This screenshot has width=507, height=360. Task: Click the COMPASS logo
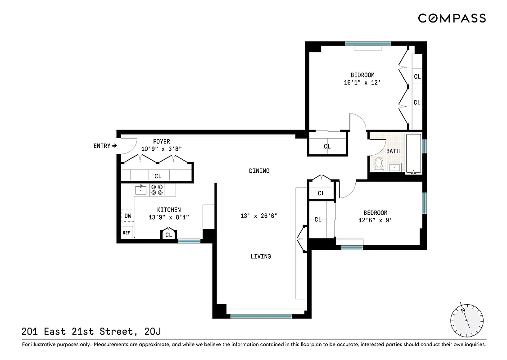[452, 18]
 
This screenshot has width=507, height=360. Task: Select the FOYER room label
[161, 141]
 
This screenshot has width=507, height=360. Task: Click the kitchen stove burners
[157, 190]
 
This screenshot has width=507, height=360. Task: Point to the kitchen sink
[141, 190]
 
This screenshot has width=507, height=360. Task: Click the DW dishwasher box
[128, 216]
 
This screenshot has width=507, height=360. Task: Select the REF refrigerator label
[127, 233]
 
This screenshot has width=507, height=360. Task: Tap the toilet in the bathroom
[379, 164]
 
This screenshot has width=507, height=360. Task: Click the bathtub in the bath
[413, 153]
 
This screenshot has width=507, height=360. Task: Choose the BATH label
[393, 151]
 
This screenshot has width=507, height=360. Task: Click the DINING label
[259, 171]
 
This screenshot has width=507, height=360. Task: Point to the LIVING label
[261, 256]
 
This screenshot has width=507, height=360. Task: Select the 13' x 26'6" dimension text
[259, 216]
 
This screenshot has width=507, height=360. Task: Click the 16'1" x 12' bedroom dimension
[362, 82]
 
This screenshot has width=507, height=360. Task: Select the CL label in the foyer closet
[158, 176]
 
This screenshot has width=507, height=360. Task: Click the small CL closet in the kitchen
[168, 235]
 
